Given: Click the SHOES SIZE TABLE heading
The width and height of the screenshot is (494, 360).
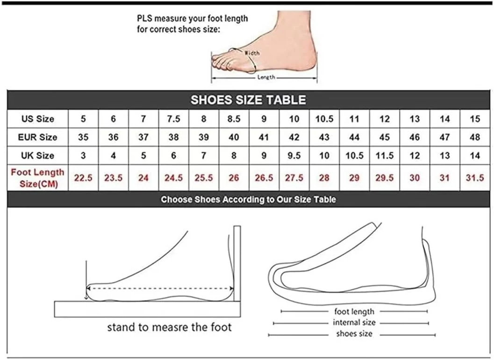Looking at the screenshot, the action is coord(248,100).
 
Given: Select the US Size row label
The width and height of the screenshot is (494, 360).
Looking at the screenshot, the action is coord(37,119).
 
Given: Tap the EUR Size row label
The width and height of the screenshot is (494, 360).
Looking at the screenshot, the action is coord(37,137).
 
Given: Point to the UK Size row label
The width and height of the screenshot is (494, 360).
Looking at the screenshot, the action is coord(37,155).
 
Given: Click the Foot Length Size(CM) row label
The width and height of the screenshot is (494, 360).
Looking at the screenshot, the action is coord(37,178).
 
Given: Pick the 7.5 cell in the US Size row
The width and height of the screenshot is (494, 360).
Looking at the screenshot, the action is coord(173,119).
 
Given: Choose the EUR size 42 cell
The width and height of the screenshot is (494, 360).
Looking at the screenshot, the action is coord(294,137).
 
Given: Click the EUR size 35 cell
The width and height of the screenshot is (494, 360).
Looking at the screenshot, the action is coord(83,137).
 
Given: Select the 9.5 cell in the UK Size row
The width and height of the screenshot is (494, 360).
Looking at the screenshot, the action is coord(294,155).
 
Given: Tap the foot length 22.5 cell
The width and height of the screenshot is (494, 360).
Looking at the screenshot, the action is coord(83,178).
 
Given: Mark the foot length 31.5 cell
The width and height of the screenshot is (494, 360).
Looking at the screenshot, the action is coord(475,178).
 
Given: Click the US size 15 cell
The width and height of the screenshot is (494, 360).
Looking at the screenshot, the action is coord(475,119).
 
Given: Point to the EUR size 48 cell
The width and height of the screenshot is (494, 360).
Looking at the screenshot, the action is coord(475,137).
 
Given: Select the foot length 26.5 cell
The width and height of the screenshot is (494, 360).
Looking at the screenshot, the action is coord(264,178).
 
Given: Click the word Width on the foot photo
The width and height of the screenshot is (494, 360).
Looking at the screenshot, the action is coord(252,53).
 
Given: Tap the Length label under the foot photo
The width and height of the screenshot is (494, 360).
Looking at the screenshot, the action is coord(266,77).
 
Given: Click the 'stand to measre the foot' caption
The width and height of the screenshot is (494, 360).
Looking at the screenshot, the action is coord(170,327).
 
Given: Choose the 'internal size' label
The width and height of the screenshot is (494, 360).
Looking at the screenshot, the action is coord(354,323).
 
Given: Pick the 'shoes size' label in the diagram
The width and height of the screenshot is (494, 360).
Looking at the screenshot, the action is coord(354,333).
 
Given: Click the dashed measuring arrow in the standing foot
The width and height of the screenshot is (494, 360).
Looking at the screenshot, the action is coord(160,288).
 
